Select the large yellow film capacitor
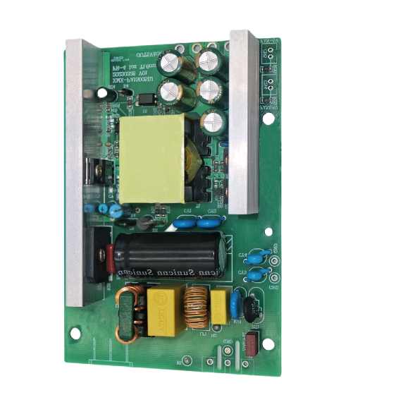pyautogui.click(x=164, y=309)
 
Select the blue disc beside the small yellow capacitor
pyautogui.click(x=237, y=300)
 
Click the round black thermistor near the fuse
pyautogui.click(x=251, y=304)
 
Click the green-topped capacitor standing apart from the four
pyautogui.click(x=213, y=120)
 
